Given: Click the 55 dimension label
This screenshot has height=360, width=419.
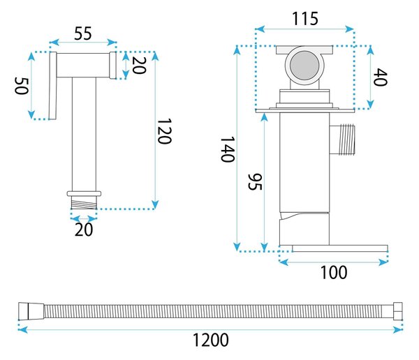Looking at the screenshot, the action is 83,33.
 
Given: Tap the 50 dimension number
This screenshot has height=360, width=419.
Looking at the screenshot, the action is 21,86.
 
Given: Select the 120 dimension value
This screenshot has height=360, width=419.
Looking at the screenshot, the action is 164,131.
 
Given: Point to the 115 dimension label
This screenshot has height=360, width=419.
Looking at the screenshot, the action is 305,19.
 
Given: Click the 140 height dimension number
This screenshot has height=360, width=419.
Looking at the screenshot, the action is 228,149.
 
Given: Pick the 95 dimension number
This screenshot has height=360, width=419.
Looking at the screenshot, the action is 255,182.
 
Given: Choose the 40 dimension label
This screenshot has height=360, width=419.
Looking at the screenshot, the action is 381,77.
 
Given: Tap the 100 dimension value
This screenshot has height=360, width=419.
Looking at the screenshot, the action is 334,272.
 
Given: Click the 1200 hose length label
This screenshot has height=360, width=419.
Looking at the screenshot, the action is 211,340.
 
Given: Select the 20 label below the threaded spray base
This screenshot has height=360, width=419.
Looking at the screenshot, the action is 84,230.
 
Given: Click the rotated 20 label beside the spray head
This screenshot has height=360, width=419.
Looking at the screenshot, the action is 139,65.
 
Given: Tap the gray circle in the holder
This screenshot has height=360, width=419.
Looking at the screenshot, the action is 304,65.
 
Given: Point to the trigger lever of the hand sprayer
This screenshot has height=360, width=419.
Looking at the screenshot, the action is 53,85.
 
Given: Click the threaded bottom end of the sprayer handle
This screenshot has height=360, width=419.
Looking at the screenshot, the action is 84,203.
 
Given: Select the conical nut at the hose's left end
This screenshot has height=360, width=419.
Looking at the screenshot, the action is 31,311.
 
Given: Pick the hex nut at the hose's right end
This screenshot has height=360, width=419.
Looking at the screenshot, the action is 397,311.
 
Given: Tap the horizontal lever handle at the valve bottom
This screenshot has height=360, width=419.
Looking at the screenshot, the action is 340,248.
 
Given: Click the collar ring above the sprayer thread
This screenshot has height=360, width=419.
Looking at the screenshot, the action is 84,194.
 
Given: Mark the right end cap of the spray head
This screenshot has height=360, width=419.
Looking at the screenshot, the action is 113,65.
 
